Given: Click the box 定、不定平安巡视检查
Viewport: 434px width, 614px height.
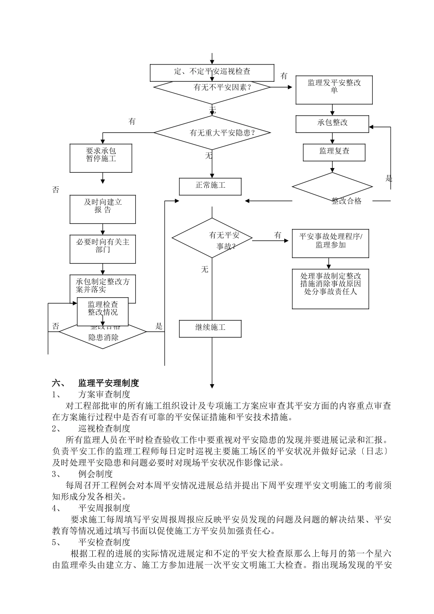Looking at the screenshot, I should click(x=212, y=72).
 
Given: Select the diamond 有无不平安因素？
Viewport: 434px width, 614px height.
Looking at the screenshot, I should click(x=212, y=87).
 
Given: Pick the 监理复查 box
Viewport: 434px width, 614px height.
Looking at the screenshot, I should click(x=334, y=152).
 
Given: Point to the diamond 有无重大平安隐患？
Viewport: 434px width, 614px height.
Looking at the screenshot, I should click(x=212, y=133).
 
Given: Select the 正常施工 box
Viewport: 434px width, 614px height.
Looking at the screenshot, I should click(x=210, y=186).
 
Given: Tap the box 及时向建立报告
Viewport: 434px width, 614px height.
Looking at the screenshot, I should click(x=103, y=209).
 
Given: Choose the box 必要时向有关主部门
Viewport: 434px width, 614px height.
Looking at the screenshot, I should click(x=103, y=249).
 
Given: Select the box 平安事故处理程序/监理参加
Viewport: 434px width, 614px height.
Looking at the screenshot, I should click(x=330, y=243).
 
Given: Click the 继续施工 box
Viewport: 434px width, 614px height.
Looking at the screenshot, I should click(x=210, y=328).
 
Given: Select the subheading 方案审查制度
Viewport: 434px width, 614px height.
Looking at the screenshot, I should click(x=104, y=394).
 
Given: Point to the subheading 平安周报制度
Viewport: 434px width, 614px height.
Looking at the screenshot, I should click(x=104, y=508).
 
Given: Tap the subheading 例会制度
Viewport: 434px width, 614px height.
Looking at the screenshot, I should click(x=95, y=474).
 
